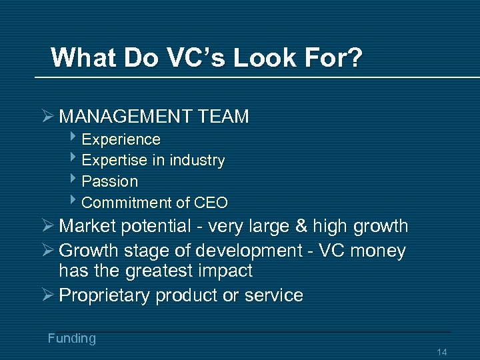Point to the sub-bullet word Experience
121,139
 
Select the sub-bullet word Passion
110,181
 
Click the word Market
87,227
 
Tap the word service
273,295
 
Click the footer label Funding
71,339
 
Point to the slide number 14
441,352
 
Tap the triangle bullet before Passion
74,180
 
